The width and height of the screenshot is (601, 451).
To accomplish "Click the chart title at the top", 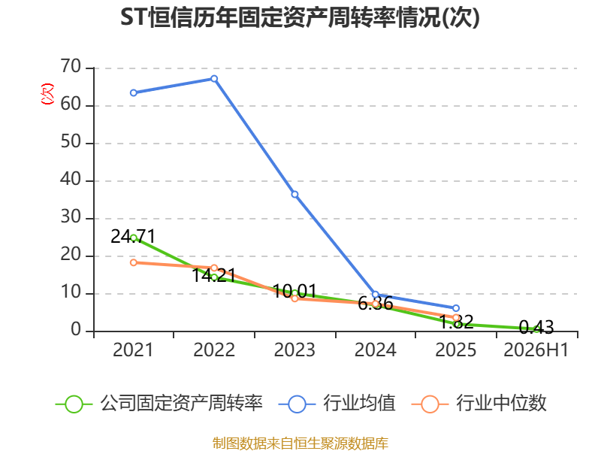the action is point(300,17).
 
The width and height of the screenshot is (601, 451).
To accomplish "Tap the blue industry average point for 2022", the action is point(214,79).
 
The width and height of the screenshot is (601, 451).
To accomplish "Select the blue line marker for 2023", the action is point(294,195).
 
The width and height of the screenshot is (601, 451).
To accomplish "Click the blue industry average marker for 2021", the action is point(134,92).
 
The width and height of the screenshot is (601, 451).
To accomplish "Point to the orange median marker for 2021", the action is point(134,262).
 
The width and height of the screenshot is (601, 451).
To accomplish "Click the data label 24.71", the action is point(133,236).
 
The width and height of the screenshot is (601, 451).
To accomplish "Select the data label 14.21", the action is point(213,275).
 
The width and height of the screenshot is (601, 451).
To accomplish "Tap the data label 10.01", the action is point(294,292).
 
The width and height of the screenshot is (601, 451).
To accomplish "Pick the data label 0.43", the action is point(536,327).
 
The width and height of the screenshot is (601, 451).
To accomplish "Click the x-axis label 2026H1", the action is point(536,350).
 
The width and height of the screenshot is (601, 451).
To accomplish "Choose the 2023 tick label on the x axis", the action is point(294,350).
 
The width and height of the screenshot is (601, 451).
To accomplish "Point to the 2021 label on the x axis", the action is point(133,350).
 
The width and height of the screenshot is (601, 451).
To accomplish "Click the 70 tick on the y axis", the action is point(71,67).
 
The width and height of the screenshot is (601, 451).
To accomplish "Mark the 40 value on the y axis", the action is point(71,180).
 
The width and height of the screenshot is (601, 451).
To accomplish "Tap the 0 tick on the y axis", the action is point(76,330).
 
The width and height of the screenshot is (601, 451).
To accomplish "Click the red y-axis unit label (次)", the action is point(47,94).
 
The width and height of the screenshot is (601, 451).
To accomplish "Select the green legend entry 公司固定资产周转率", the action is point(159,404).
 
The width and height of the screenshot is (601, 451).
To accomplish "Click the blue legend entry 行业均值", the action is point(337,404).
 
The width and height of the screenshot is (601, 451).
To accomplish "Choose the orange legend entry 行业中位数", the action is point(479,404).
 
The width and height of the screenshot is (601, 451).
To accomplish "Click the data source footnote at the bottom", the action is point(300,443).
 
